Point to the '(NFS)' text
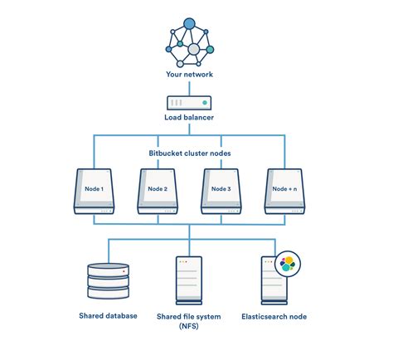[x=190, y=327]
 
